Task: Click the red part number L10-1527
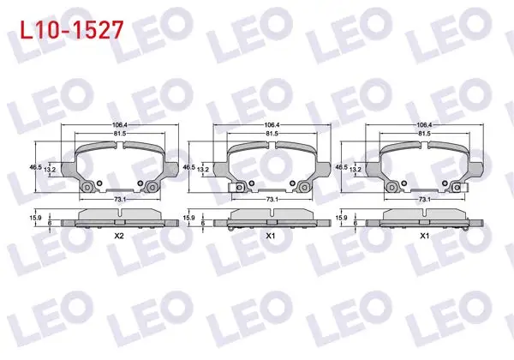pyautogui.click(x=72, y=29)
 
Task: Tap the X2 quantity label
pyautogui.click(x=119, y=236)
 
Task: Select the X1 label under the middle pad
pyautogui.click(x=271, y=236)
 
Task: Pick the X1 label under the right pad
pyautogui.click(x=425, y=236)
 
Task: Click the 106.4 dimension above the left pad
pyautogui.click(x=120, y=125)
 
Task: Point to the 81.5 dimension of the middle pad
pyautogui.click(x=272, y=134)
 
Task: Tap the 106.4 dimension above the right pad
pyautogui.click(x=424, y=125)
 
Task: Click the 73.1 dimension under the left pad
pyautogui.click(x=120, y=199)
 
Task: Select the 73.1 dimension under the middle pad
pyautogui.click(x=272, y=199)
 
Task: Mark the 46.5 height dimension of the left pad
pyautogui.click(x=35, y=167)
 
